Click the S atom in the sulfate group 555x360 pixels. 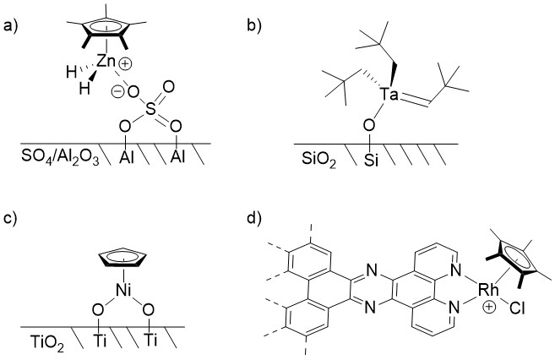151,107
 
